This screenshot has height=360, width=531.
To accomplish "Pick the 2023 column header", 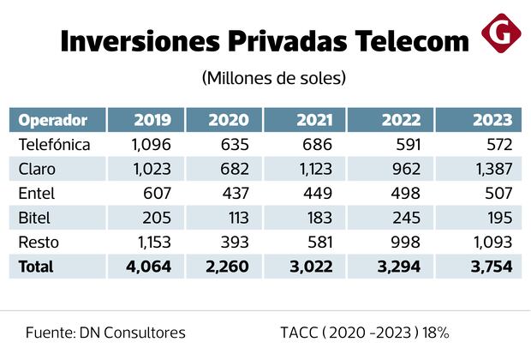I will pyautogui.click(x=491, y=119).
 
